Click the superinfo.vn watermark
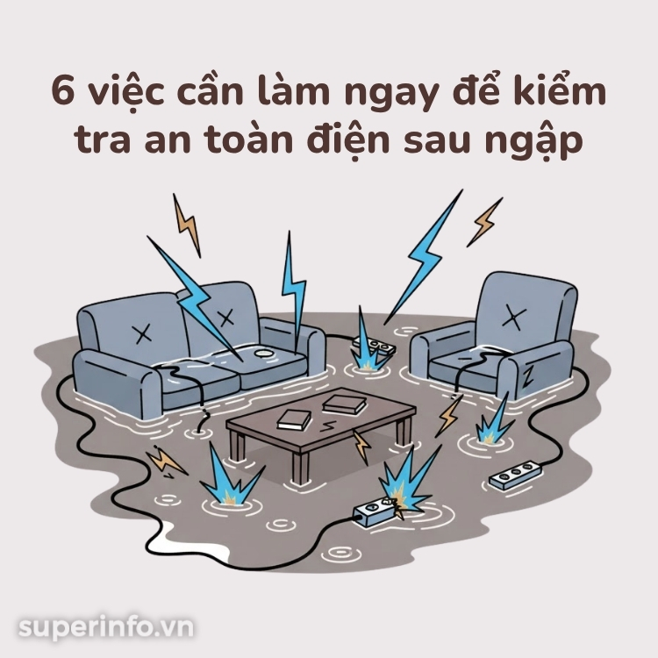coord(106,628)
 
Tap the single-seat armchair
coord(494,336)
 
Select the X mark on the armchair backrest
coord(513,318)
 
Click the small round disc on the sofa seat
coord(263,354)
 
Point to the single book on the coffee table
coord(294,419)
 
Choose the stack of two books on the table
coord(345,404)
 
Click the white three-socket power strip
coord(515,474)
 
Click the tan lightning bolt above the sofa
coord(187,225)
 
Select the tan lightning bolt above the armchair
coord(484,223)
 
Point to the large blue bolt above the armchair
coord(423,257)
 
